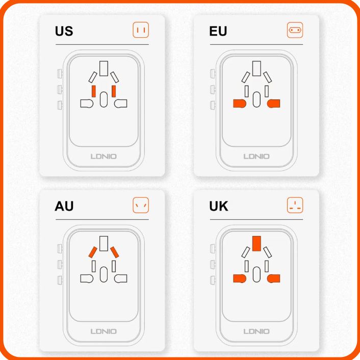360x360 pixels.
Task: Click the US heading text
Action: (64, 31)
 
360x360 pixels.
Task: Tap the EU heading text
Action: (218, 31)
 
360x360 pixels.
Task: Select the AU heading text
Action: (64, 206)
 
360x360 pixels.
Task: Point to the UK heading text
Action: (219, 206)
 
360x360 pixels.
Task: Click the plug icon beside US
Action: (141, 30)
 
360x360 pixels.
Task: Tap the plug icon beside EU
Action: (295, 30)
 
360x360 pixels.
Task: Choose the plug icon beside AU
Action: (141, 205)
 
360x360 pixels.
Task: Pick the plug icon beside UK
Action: (295, 205)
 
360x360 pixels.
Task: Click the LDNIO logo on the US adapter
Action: (104, 157)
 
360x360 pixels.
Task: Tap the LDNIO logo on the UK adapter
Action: (256, 331)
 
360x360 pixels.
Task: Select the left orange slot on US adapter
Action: (94, 91)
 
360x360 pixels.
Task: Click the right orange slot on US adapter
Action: (114, 91)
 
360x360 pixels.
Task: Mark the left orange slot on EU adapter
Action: (240, 104)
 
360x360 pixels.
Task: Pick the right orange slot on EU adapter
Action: (273, 104)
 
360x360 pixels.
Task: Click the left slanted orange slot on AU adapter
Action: (93, 252)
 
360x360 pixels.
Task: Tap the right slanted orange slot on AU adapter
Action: (115, 252)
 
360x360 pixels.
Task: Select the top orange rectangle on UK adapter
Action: (256, 243)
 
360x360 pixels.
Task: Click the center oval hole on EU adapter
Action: (256, 99)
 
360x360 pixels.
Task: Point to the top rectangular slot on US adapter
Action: (104, 68)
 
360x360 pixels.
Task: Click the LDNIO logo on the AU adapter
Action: (104, 331)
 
